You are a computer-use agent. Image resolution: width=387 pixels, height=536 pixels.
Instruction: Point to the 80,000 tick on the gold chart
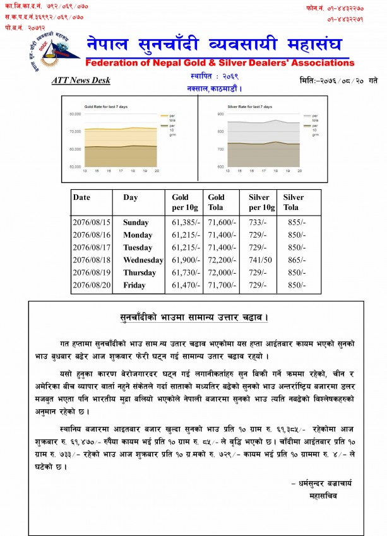tap(75, 115)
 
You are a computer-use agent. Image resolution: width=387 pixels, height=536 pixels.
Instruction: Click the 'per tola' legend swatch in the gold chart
tap(166, 117)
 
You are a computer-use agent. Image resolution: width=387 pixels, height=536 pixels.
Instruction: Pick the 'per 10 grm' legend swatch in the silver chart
tap(307, 126)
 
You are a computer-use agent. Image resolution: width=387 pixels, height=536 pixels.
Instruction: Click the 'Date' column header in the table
tap(82, 197)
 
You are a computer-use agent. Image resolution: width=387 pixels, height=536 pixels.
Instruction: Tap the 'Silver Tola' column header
tap(294, 202)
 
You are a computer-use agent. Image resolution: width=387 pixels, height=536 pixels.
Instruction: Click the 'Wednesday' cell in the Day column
tap(142, 260)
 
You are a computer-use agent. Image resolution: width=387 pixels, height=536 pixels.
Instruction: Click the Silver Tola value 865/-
tap(294, 260)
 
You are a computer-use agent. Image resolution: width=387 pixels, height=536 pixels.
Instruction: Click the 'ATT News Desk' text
tap(80, 80)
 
